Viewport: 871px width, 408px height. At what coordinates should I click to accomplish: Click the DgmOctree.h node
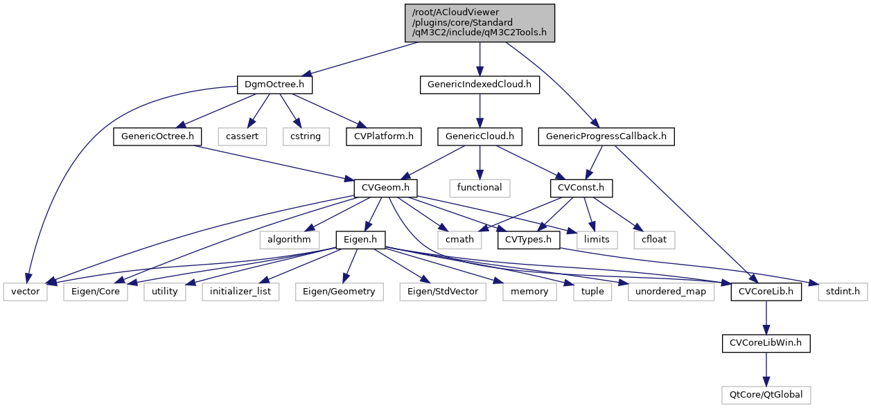coord(274,85)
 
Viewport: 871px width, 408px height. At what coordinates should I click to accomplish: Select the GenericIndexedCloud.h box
coord(480,85)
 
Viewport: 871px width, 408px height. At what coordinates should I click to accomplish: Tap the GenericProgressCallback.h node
coord(606,136)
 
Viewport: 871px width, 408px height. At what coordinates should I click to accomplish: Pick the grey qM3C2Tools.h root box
coord(480,22)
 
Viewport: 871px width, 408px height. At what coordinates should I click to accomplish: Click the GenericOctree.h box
coord(157,136)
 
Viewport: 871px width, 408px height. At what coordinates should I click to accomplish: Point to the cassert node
coord(243,136)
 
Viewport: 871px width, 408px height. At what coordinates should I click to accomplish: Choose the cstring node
coord(306,136)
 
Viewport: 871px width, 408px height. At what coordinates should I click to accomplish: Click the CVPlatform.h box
coord(383,136)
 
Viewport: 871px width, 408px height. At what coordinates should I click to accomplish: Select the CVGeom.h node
coord(386,188)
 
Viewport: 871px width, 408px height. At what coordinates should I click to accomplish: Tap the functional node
coord(480,188)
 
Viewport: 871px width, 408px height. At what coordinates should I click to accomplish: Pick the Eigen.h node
coord(360,240)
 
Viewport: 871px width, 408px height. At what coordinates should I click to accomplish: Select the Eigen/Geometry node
coord(339,292)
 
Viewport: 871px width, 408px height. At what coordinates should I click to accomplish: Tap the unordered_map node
coord(671,292)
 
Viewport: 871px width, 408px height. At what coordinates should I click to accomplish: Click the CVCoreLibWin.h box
coord(766,343)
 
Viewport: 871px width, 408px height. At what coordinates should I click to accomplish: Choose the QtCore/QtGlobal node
coord(766,395)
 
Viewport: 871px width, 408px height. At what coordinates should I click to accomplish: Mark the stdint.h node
coord(843,292)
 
